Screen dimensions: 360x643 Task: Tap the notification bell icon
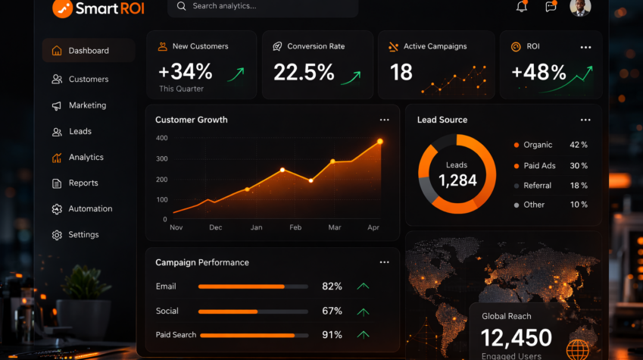click(x=521, y=6)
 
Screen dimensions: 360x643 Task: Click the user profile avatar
click(x=579, y=7)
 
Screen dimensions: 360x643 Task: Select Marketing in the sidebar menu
click(x=87, y=105)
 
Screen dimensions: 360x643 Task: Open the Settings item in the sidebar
click(x=83, y=235)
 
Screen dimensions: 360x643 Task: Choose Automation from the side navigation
click(x=90, y=209)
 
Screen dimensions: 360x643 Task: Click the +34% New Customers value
click(x=186, y=72)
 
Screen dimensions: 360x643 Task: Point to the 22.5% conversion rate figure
click(x=304, y=72)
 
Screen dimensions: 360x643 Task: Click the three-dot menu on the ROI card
click(x=585, y=47)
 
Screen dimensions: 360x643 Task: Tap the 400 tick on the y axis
click(x=161, y=138)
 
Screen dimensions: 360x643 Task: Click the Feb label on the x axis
click(x=295, y=227)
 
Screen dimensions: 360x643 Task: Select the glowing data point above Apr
click(x=379, y=142)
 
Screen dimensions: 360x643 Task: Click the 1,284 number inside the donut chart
click(x=457, y=180)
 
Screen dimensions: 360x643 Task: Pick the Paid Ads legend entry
click(x=539, y=166)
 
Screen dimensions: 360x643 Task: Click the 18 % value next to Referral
click(x=579, y=186)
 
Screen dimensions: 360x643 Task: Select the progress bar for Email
click(x=253, y=287)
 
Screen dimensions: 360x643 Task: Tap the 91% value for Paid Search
click(x=332, y=335)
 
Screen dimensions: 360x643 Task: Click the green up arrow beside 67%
click(x=364, y=311)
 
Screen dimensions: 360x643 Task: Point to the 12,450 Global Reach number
click(x=517, y=338)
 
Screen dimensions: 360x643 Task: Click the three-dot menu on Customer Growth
click(x=384, y=120)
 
